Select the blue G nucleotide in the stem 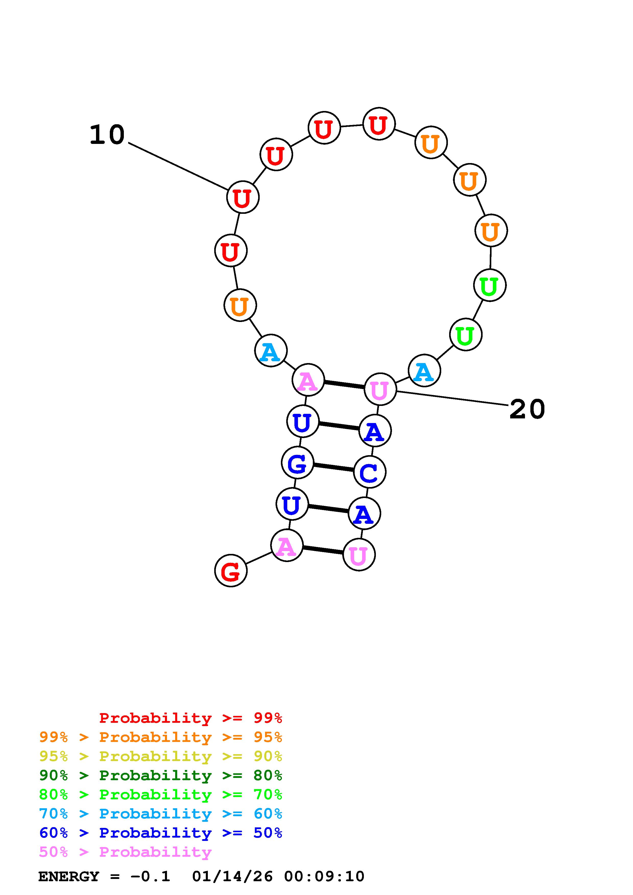297,463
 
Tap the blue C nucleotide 369,472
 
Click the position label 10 107,135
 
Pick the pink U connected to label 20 380,389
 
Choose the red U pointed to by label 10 243,197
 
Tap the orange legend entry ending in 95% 161,737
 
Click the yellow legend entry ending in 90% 161,756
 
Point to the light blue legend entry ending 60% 161,814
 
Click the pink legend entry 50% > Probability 125,852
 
